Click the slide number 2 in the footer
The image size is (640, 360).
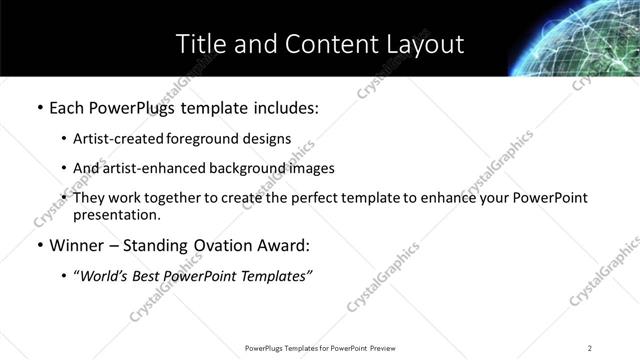590,347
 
